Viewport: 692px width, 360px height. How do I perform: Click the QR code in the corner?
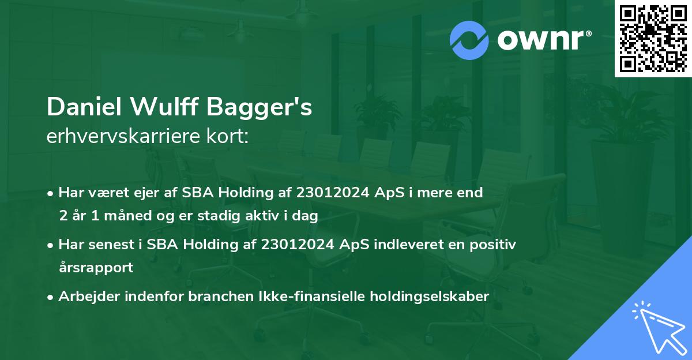[x=653, y=38]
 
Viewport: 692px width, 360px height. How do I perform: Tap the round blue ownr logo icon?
[x=469, y=40]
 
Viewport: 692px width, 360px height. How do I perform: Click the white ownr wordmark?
[x=544, y=39]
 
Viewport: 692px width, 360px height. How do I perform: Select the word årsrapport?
[x=96, y=268]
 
